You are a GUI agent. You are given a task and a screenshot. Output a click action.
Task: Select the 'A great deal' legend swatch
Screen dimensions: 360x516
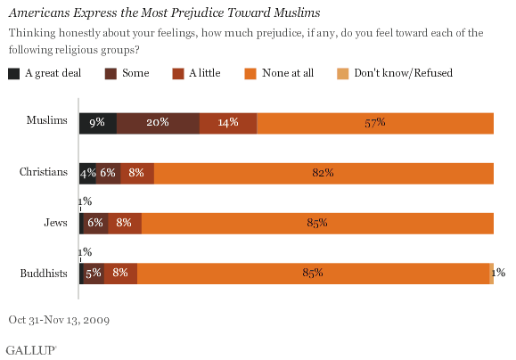[13, 73]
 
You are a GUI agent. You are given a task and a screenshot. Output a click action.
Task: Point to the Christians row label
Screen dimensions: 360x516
[44, 173]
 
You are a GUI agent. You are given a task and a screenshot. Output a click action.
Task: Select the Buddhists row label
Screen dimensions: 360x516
[44, 273]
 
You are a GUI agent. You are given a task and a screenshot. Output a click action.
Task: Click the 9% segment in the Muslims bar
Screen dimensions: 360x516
[97, 123]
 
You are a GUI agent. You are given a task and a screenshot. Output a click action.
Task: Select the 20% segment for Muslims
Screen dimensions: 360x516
[158, 123]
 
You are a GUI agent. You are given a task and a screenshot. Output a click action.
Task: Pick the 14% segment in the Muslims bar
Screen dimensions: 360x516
[228, 123]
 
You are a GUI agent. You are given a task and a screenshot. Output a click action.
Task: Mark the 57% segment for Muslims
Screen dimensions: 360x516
[375, 123]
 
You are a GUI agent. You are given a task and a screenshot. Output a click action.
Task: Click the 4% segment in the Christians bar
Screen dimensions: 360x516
[87, 173]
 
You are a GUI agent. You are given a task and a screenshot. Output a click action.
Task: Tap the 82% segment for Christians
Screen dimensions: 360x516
[324, 173]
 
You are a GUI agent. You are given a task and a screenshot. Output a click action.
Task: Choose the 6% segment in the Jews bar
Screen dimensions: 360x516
[95, 223]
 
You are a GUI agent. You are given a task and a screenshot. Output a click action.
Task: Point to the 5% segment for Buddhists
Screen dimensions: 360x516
[93, 273]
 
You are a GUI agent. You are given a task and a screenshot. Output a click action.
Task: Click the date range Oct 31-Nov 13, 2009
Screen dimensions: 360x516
[58, 318]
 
